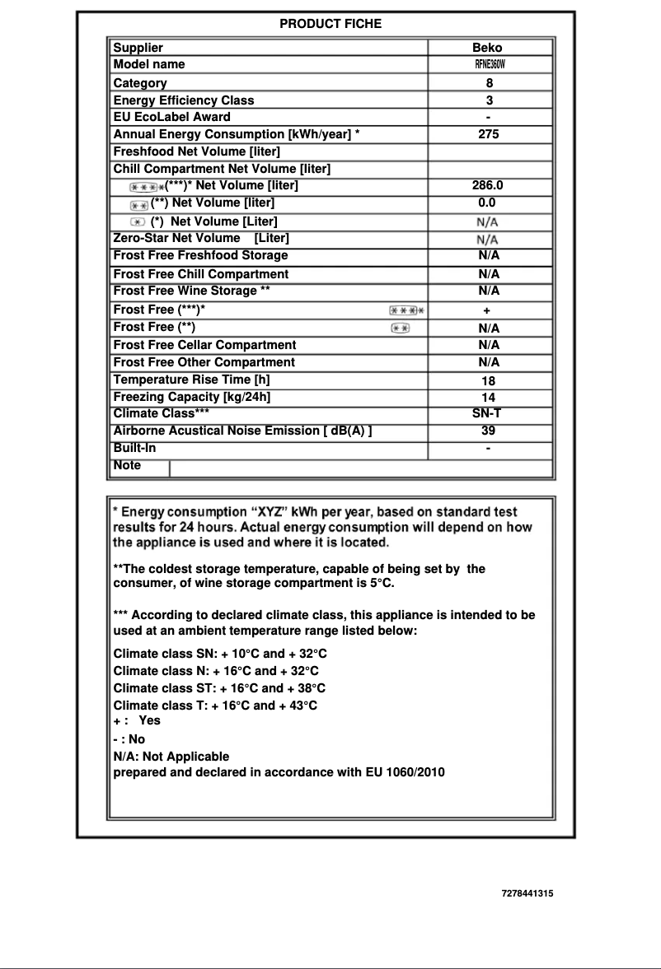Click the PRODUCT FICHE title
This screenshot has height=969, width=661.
(x=330, y=24)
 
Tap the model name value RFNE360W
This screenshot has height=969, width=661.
(x=489, y=65)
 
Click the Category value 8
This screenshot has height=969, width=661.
(x=489, y=83)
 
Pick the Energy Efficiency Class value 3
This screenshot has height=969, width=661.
(x=489, y=100)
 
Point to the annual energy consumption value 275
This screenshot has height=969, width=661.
(x=489, y=134)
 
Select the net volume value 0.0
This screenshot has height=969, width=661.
(x=487, y=203)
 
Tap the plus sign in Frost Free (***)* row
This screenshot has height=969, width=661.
(x=487, y=310)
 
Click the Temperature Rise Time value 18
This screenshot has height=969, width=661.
(x=488, y=381)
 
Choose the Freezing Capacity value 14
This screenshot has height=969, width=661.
(x=488, y=398)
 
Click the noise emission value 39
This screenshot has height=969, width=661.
(x=488, y=431)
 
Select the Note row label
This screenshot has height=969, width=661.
(x=127, y=466)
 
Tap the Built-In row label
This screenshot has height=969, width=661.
(x=134, y=449)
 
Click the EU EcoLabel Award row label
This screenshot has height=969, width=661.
(x=171, y=117)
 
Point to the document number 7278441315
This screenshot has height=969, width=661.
(x=527, y=893)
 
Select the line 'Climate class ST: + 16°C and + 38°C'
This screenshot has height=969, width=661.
(x=219, y=688)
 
